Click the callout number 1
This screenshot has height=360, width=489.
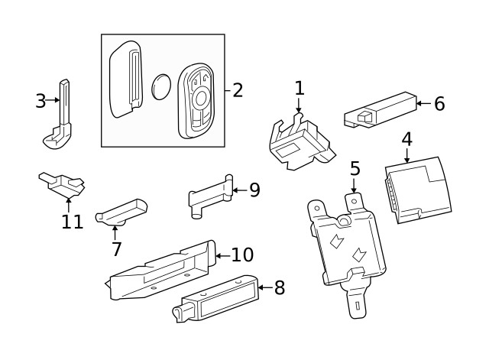(299, 88)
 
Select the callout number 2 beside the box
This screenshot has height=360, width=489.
(238, 90)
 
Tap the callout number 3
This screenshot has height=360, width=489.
(40, 100)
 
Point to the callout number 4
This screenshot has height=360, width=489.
(406, 139)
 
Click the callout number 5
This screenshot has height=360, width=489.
(355, 168)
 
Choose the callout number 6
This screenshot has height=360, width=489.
(439, 104)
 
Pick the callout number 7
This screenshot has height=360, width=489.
(116, 248)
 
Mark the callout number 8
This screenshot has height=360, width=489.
(279, 287)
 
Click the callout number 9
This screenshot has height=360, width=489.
(254, 190)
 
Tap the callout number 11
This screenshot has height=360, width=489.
(71, 222)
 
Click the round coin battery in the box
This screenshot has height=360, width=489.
(162, 86)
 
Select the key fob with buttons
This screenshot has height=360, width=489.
(198, 101)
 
